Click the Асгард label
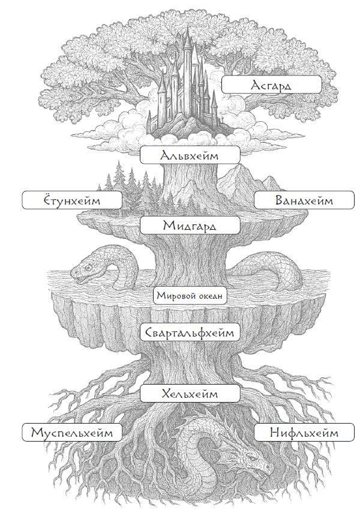point(271,85)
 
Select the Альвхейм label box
point(190,155)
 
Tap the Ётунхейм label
point(71,200)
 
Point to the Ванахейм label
point(304,200)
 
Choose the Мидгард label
point(190,226)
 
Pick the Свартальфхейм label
point(190,332)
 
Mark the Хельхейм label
point(190,394)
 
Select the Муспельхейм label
point(71,432)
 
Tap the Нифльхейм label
point(304,432)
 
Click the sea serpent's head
point(84,270)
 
